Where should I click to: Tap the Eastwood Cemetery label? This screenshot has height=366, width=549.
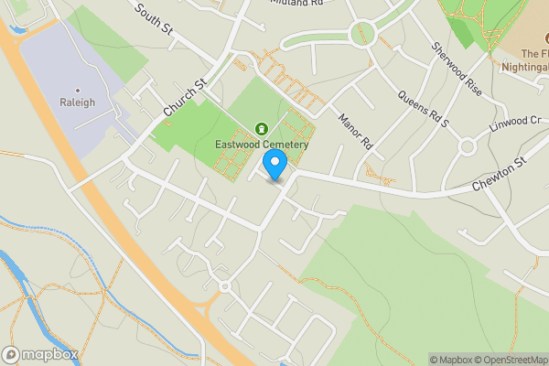pos(262,145)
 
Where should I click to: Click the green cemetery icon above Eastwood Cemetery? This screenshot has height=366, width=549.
pos(262,128)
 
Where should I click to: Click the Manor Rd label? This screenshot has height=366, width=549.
pos(357,132)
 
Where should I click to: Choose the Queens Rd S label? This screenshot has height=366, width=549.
pos(415,108)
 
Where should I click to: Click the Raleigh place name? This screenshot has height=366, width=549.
pos(77,102)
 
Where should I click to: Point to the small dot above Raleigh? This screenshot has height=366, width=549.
pos(77,89)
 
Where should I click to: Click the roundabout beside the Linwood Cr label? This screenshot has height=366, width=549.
pos(468,146)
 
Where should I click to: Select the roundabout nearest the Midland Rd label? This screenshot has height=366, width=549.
pos(363,32)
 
